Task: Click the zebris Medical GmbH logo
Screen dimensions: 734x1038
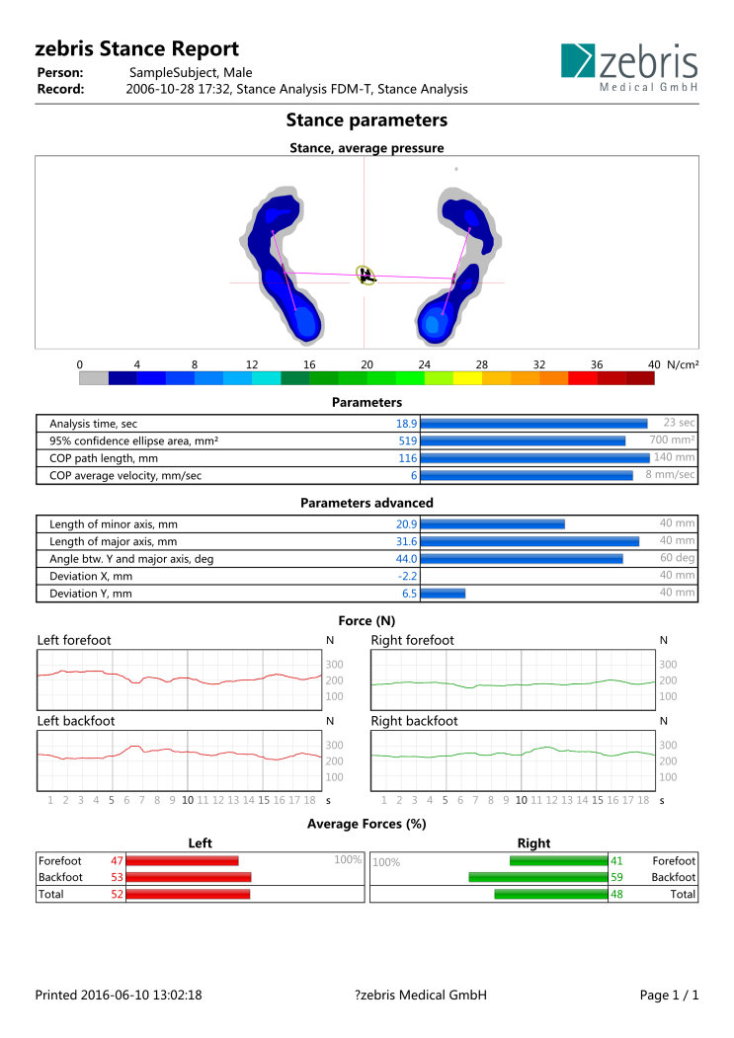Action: [629, 67]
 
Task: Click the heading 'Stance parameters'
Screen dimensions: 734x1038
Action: [367, 120]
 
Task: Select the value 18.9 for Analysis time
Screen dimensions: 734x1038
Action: [407, 424]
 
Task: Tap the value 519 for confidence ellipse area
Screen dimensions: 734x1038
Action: [408, 440]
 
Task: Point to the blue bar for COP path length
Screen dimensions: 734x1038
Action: [535, 458]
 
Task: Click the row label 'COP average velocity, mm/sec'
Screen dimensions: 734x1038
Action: [125, 475]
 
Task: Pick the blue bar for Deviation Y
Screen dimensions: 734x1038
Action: [444, 594]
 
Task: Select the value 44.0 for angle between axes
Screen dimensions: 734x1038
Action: [407, 559]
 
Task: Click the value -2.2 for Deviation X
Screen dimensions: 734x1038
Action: [407, 576]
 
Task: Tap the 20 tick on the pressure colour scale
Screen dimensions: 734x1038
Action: [367, 364]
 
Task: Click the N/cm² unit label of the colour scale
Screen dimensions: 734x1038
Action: [683, 364]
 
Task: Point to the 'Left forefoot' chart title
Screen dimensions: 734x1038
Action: [74, 640]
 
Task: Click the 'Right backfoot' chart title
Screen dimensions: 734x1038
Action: [414, 721]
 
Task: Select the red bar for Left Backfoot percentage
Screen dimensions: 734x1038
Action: [189, 877]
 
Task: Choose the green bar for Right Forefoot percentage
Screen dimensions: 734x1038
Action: [558, 860]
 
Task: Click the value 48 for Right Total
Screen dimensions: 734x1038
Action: [616, 895]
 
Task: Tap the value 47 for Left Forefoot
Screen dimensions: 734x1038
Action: [118, 860]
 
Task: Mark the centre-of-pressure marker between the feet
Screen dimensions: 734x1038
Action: [365, 276]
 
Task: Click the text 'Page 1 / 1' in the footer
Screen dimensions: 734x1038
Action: [669, 995]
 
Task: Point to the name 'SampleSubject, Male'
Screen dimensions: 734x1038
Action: [191, 73]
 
